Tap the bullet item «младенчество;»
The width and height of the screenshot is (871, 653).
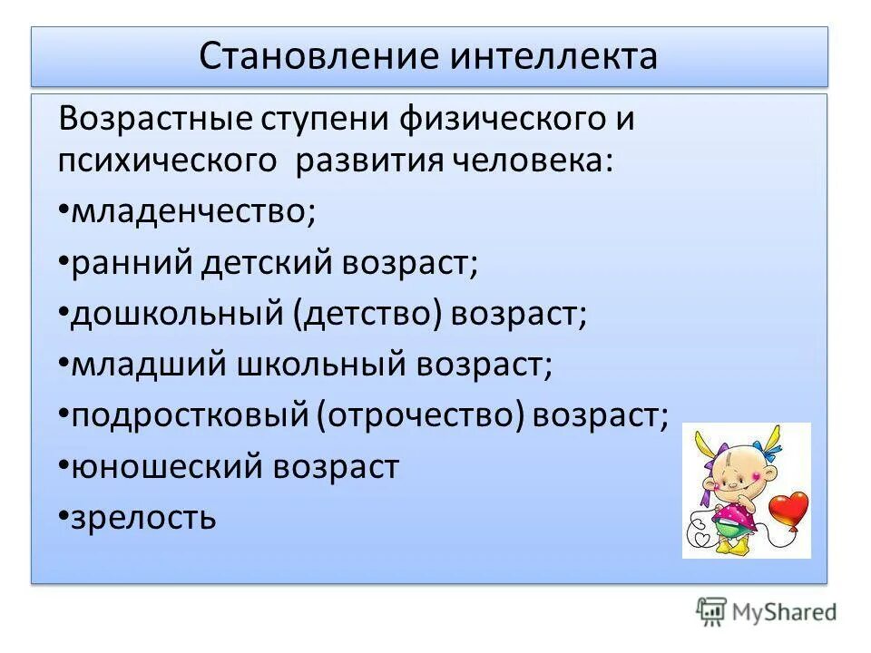pyautogui.click(x=192, y=212)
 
